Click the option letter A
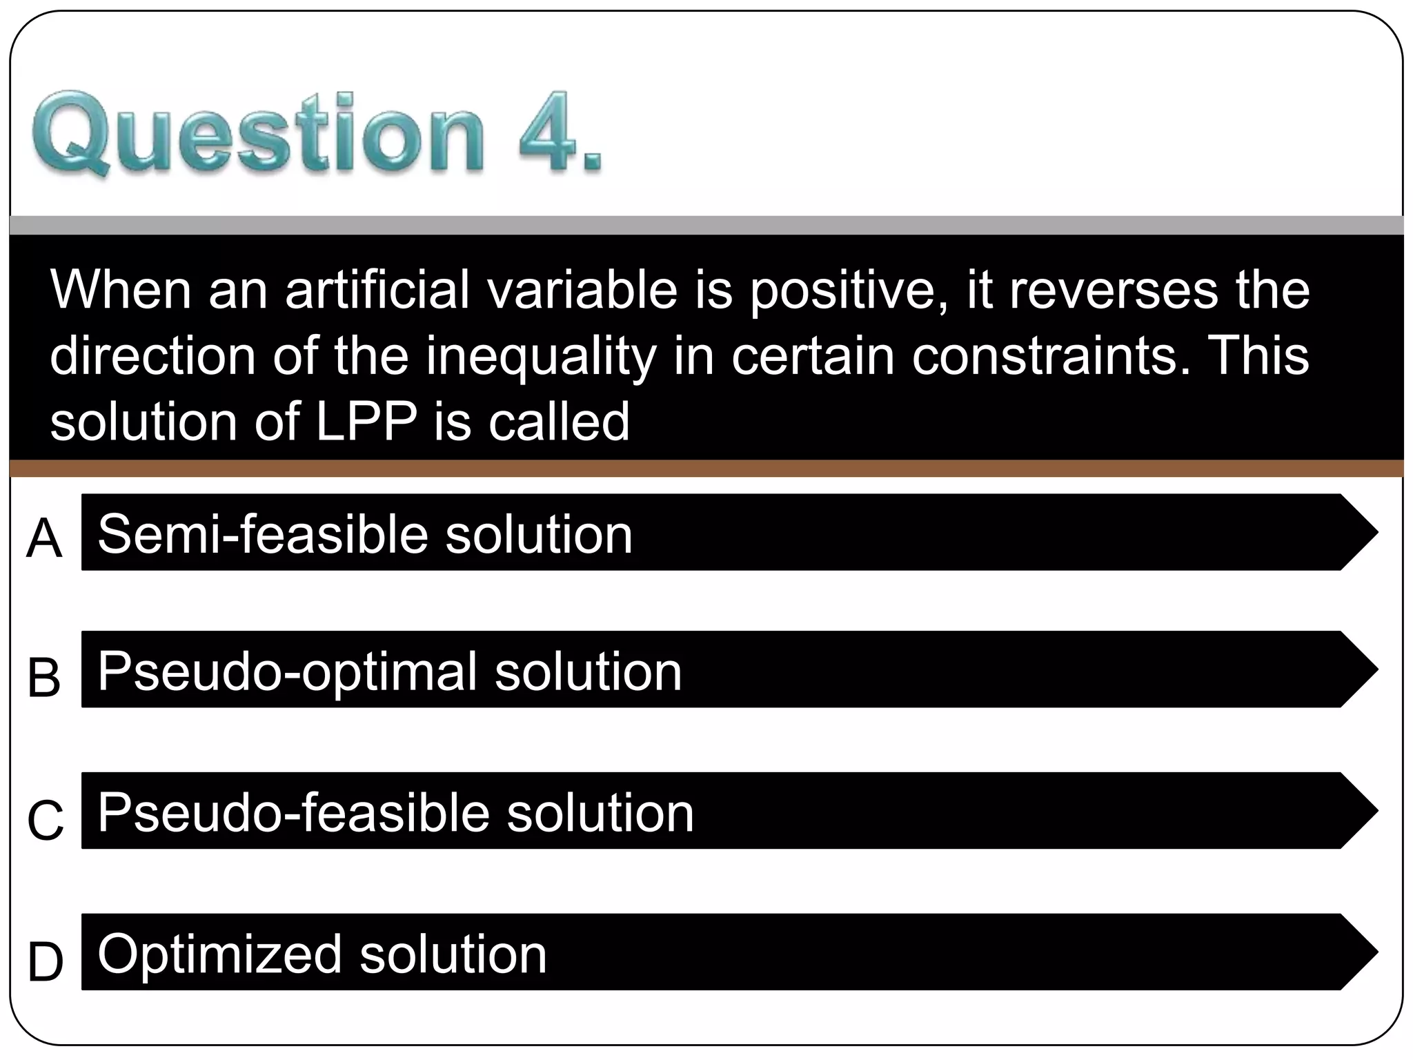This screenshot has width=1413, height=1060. [x=44, y=539]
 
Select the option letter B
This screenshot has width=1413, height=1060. [x=44, y=677]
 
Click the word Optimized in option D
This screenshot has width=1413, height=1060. [x=220, y=955]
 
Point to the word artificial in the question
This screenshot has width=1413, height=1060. [x=378, y=290]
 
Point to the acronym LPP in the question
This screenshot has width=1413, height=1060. [x=366, y=422]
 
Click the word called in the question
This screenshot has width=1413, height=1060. [x=559, y=422]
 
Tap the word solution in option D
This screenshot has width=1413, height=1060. [x=453, y=955]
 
